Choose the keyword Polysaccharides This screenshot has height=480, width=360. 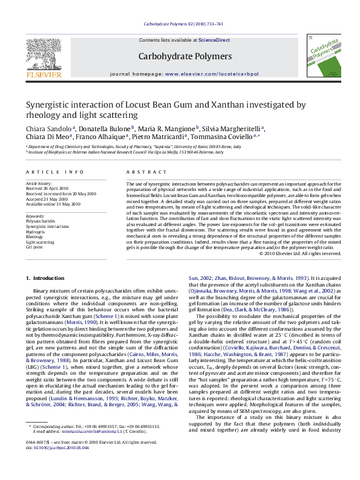tap(40, 221)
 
